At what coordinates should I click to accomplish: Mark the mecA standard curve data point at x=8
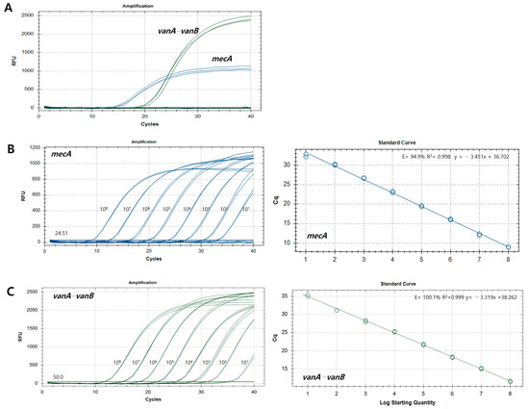click(x=508, y=247)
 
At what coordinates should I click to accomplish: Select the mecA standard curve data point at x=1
click(x=306, y=156)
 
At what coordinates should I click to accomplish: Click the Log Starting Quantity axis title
click(x=408, y=404)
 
